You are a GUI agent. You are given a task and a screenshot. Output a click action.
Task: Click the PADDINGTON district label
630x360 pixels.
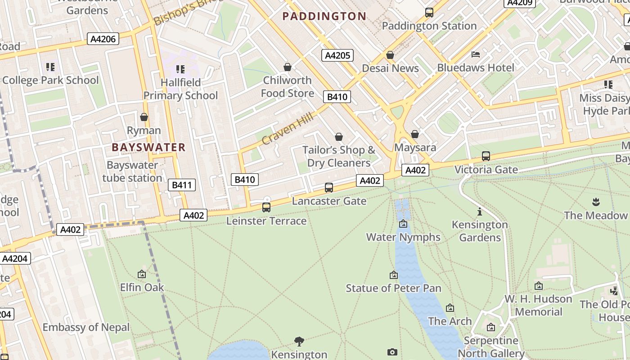point(324,16)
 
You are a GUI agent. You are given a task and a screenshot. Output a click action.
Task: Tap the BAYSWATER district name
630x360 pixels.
point(148,147)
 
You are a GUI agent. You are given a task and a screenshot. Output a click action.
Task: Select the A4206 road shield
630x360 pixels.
point(103,39)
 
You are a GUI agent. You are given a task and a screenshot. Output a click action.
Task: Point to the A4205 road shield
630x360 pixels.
point(337,55)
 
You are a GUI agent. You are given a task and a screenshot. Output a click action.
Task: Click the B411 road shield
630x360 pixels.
point(182,185)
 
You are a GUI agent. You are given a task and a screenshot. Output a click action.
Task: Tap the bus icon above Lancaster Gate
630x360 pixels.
point(329,188)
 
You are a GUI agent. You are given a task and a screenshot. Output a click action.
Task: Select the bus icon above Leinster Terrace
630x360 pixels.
point(266,207)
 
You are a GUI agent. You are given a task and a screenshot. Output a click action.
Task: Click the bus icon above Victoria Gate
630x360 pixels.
point(486,156)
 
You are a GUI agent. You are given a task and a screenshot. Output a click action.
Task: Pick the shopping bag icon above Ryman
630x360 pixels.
point(144,117)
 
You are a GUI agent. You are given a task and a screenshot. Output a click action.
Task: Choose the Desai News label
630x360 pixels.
point(390,68)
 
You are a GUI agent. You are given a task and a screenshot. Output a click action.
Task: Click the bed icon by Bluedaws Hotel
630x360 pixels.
point(476,54)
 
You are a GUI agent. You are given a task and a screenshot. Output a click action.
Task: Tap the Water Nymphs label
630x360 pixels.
point(403,237)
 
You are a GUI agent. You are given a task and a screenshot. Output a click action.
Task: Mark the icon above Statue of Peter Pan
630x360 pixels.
point(394,275)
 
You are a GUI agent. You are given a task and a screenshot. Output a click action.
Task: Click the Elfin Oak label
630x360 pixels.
point(142,287)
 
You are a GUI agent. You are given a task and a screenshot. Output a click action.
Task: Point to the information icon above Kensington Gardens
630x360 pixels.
point(480,211)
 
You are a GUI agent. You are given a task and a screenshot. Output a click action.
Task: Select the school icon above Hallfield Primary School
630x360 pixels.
point(180,69)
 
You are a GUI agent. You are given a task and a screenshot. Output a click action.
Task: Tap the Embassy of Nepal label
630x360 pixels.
point(86,327)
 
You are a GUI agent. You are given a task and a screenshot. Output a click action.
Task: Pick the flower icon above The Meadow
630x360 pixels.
point(596,202)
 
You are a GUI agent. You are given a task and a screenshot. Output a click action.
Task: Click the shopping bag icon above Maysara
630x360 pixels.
point(415,134)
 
